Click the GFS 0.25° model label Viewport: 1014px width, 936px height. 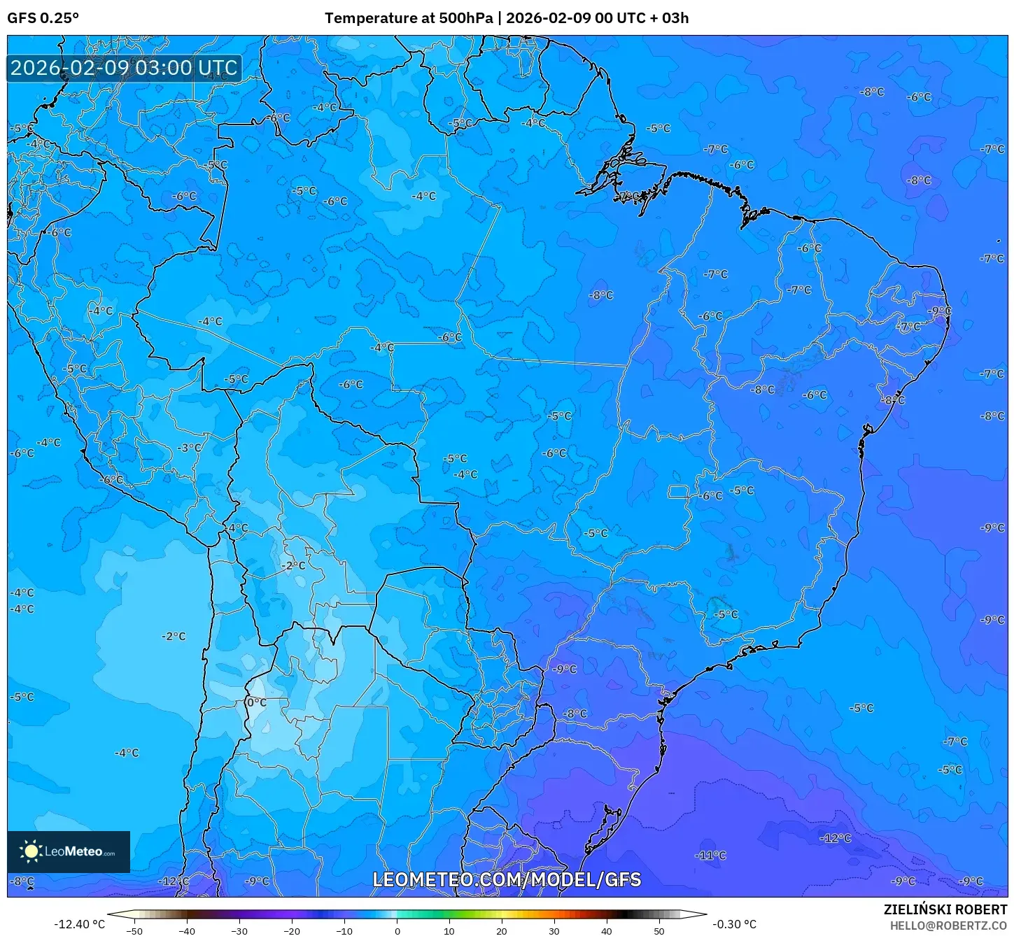43,18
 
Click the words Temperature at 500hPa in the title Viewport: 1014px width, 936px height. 408,18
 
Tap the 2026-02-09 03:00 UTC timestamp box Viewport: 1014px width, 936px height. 124,68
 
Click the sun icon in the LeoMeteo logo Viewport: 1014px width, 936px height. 31,851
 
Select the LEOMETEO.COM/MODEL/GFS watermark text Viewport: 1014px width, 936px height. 507,879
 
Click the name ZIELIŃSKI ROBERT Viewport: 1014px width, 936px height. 945,910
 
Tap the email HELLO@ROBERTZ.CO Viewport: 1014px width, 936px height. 948,926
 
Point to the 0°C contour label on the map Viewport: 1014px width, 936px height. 257,702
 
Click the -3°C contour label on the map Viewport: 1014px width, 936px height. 189,448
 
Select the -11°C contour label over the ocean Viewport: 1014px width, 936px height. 711,855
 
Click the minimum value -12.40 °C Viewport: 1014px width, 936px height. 79,924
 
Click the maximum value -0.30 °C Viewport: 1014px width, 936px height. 734,924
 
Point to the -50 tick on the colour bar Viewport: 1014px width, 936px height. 134,930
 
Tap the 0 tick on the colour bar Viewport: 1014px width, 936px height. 397,930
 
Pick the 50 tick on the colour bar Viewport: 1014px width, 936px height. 659,930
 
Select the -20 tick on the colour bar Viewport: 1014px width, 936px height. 291,930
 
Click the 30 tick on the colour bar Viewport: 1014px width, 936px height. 554,930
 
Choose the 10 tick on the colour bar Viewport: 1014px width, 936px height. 449,930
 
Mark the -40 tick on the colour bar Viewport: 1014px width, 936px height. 186,930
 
